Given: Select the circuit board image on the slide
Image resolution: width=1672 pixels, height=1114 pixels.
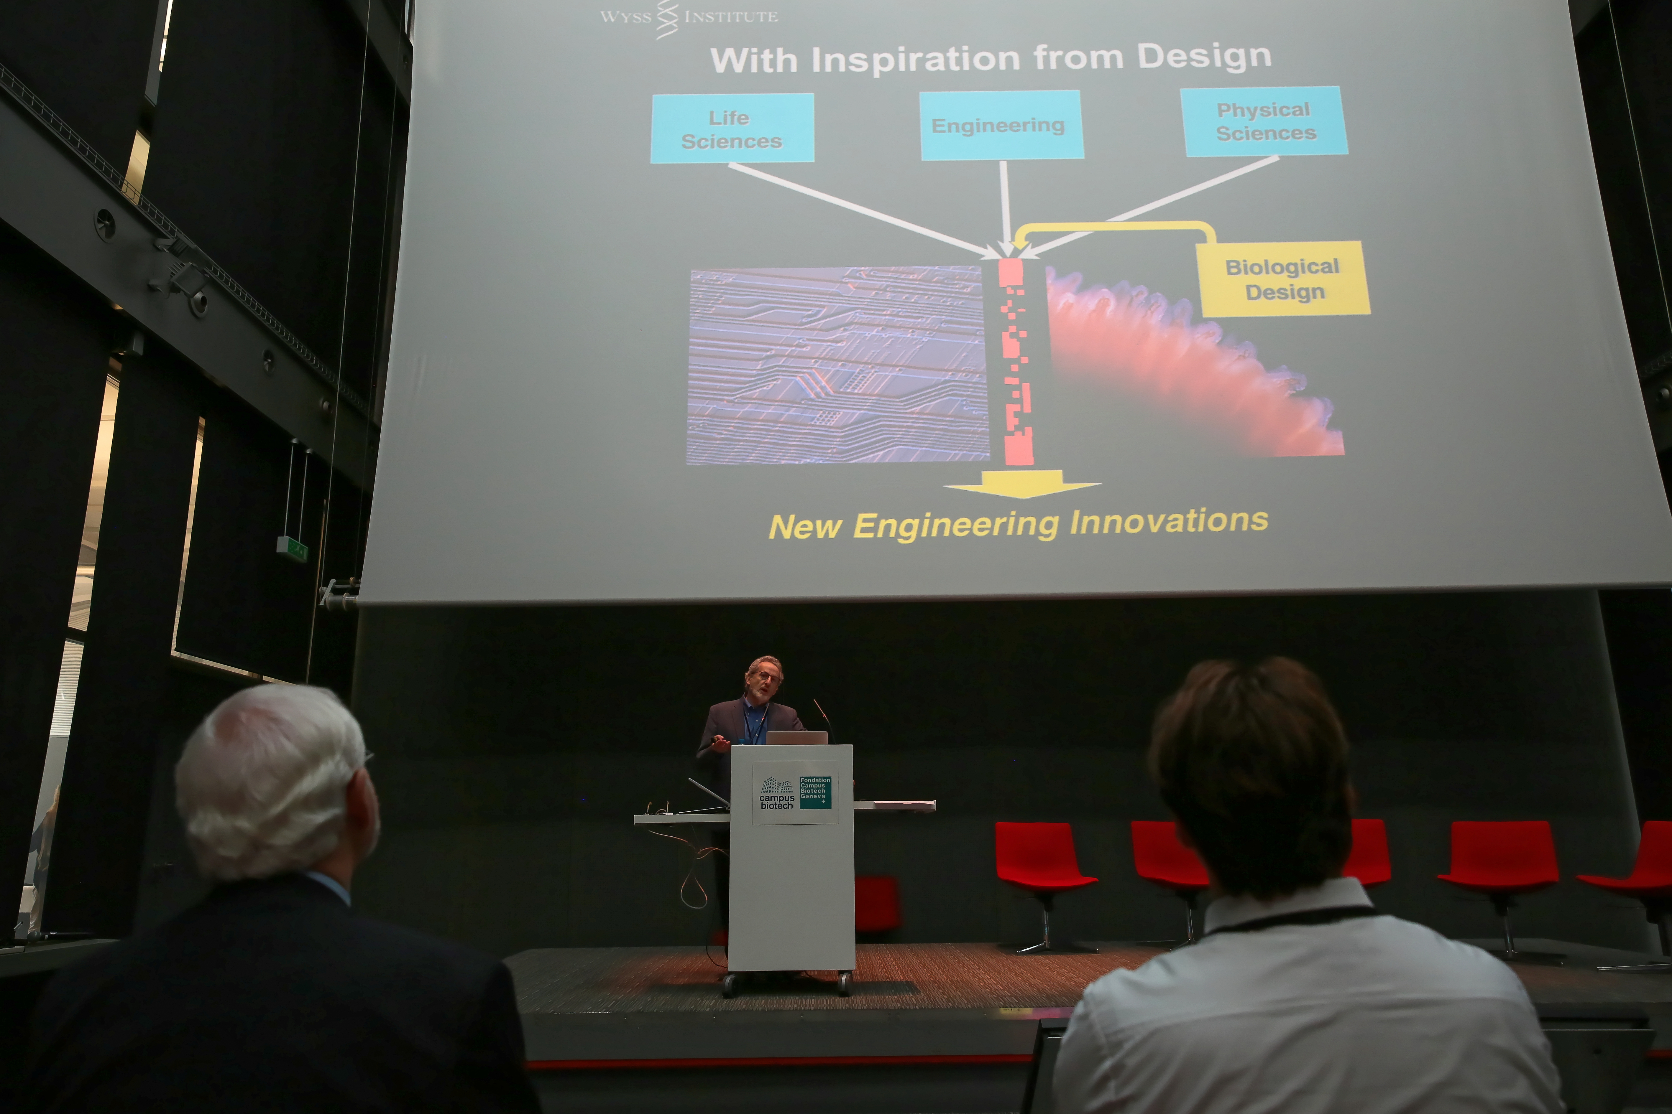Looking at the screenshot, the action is pos(837,365).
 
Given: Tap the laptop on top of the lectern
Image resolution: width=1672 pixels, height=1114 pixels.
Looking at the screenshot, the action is pos(796,737).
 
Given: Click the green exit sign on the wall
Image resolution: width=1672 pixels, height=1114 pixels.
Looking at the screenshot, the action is pos(292,546).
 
